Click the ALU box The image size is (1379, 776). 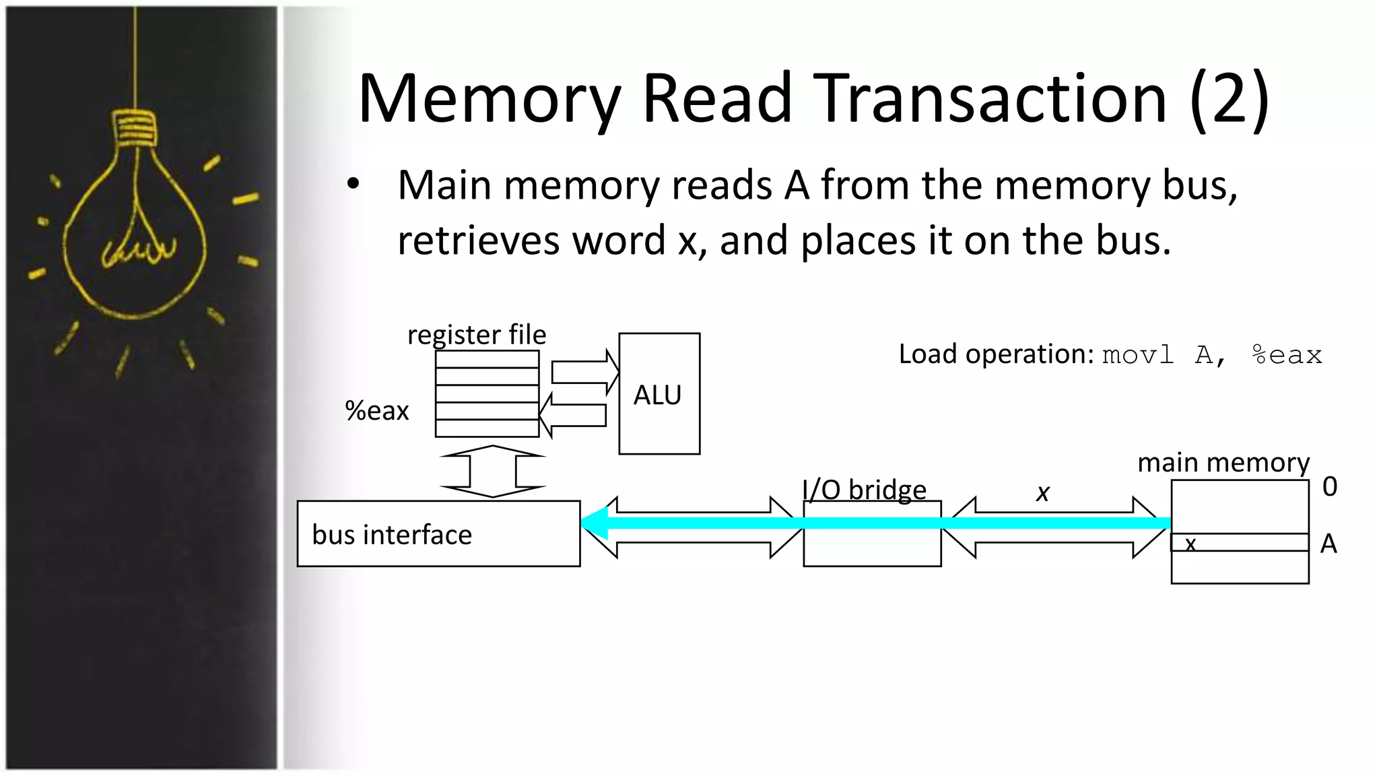[659, 394]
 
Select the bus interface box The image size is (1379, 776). [438, 533]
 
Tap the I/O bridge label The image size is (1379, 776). [865, 490]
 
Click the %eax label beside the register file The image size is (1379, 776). [377, 411]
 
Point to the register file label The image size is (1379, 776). [477, 335]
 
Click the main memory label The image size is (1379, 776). [1223, 463]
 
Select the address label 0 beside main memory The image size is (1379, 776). [1329, 486]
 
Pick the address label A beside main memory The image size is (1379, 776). [1328, 544]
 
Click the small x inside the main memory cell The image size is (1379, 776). [1190, 544]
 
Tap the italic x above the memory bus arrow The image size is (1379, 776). [1043, 492]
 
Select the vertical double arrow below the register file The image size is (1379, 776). [493, 472]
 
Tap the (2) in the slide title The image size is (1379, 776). [1229, 99]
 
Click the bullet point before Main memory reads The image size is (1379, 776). [354, 184]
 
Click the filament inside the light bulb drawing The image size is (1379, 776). [139, 249]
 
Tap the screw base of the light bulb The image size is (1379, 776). [135, 128]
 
